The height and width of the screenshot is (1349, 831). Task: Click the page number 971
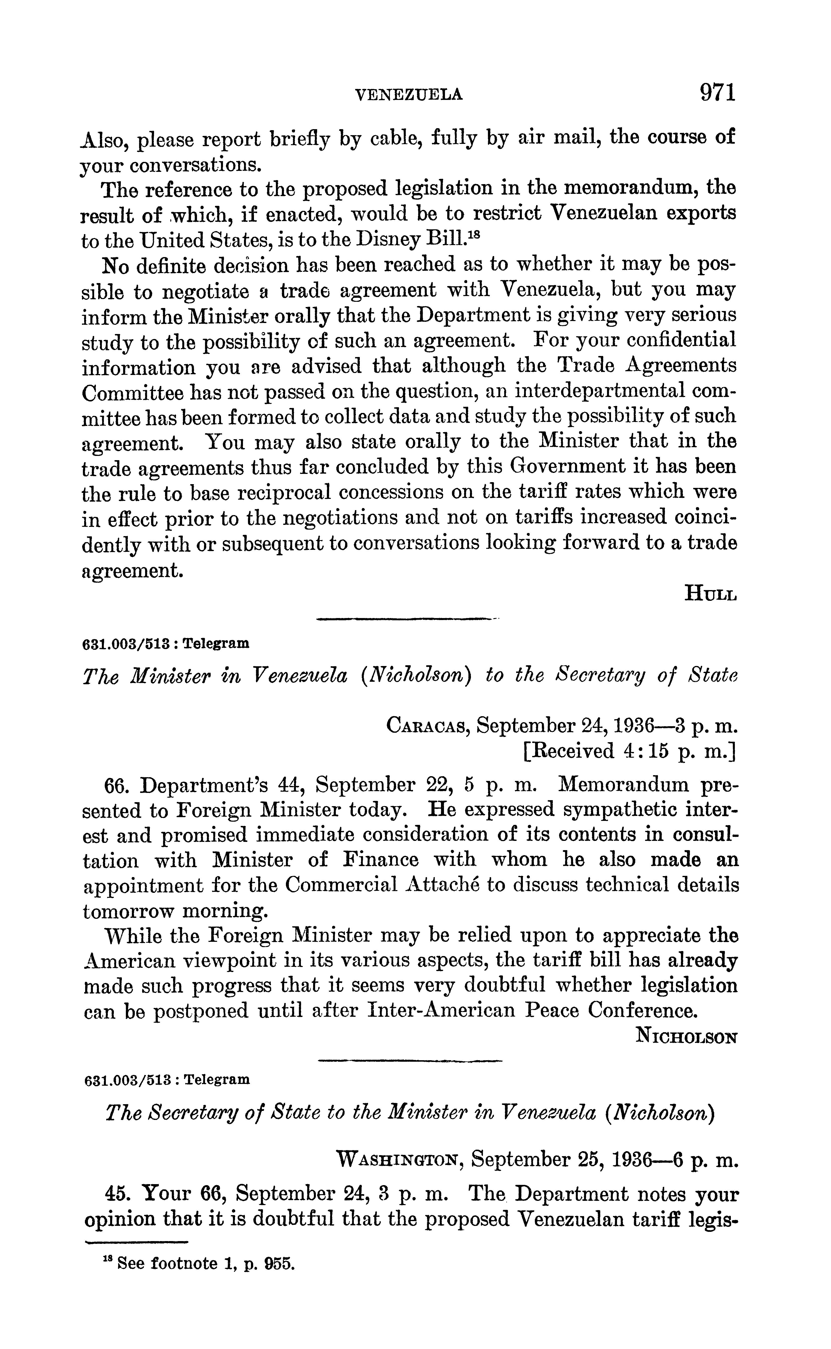(717, 92)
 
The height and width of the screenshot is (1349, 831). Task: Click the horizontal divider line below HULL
(407, 620)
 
